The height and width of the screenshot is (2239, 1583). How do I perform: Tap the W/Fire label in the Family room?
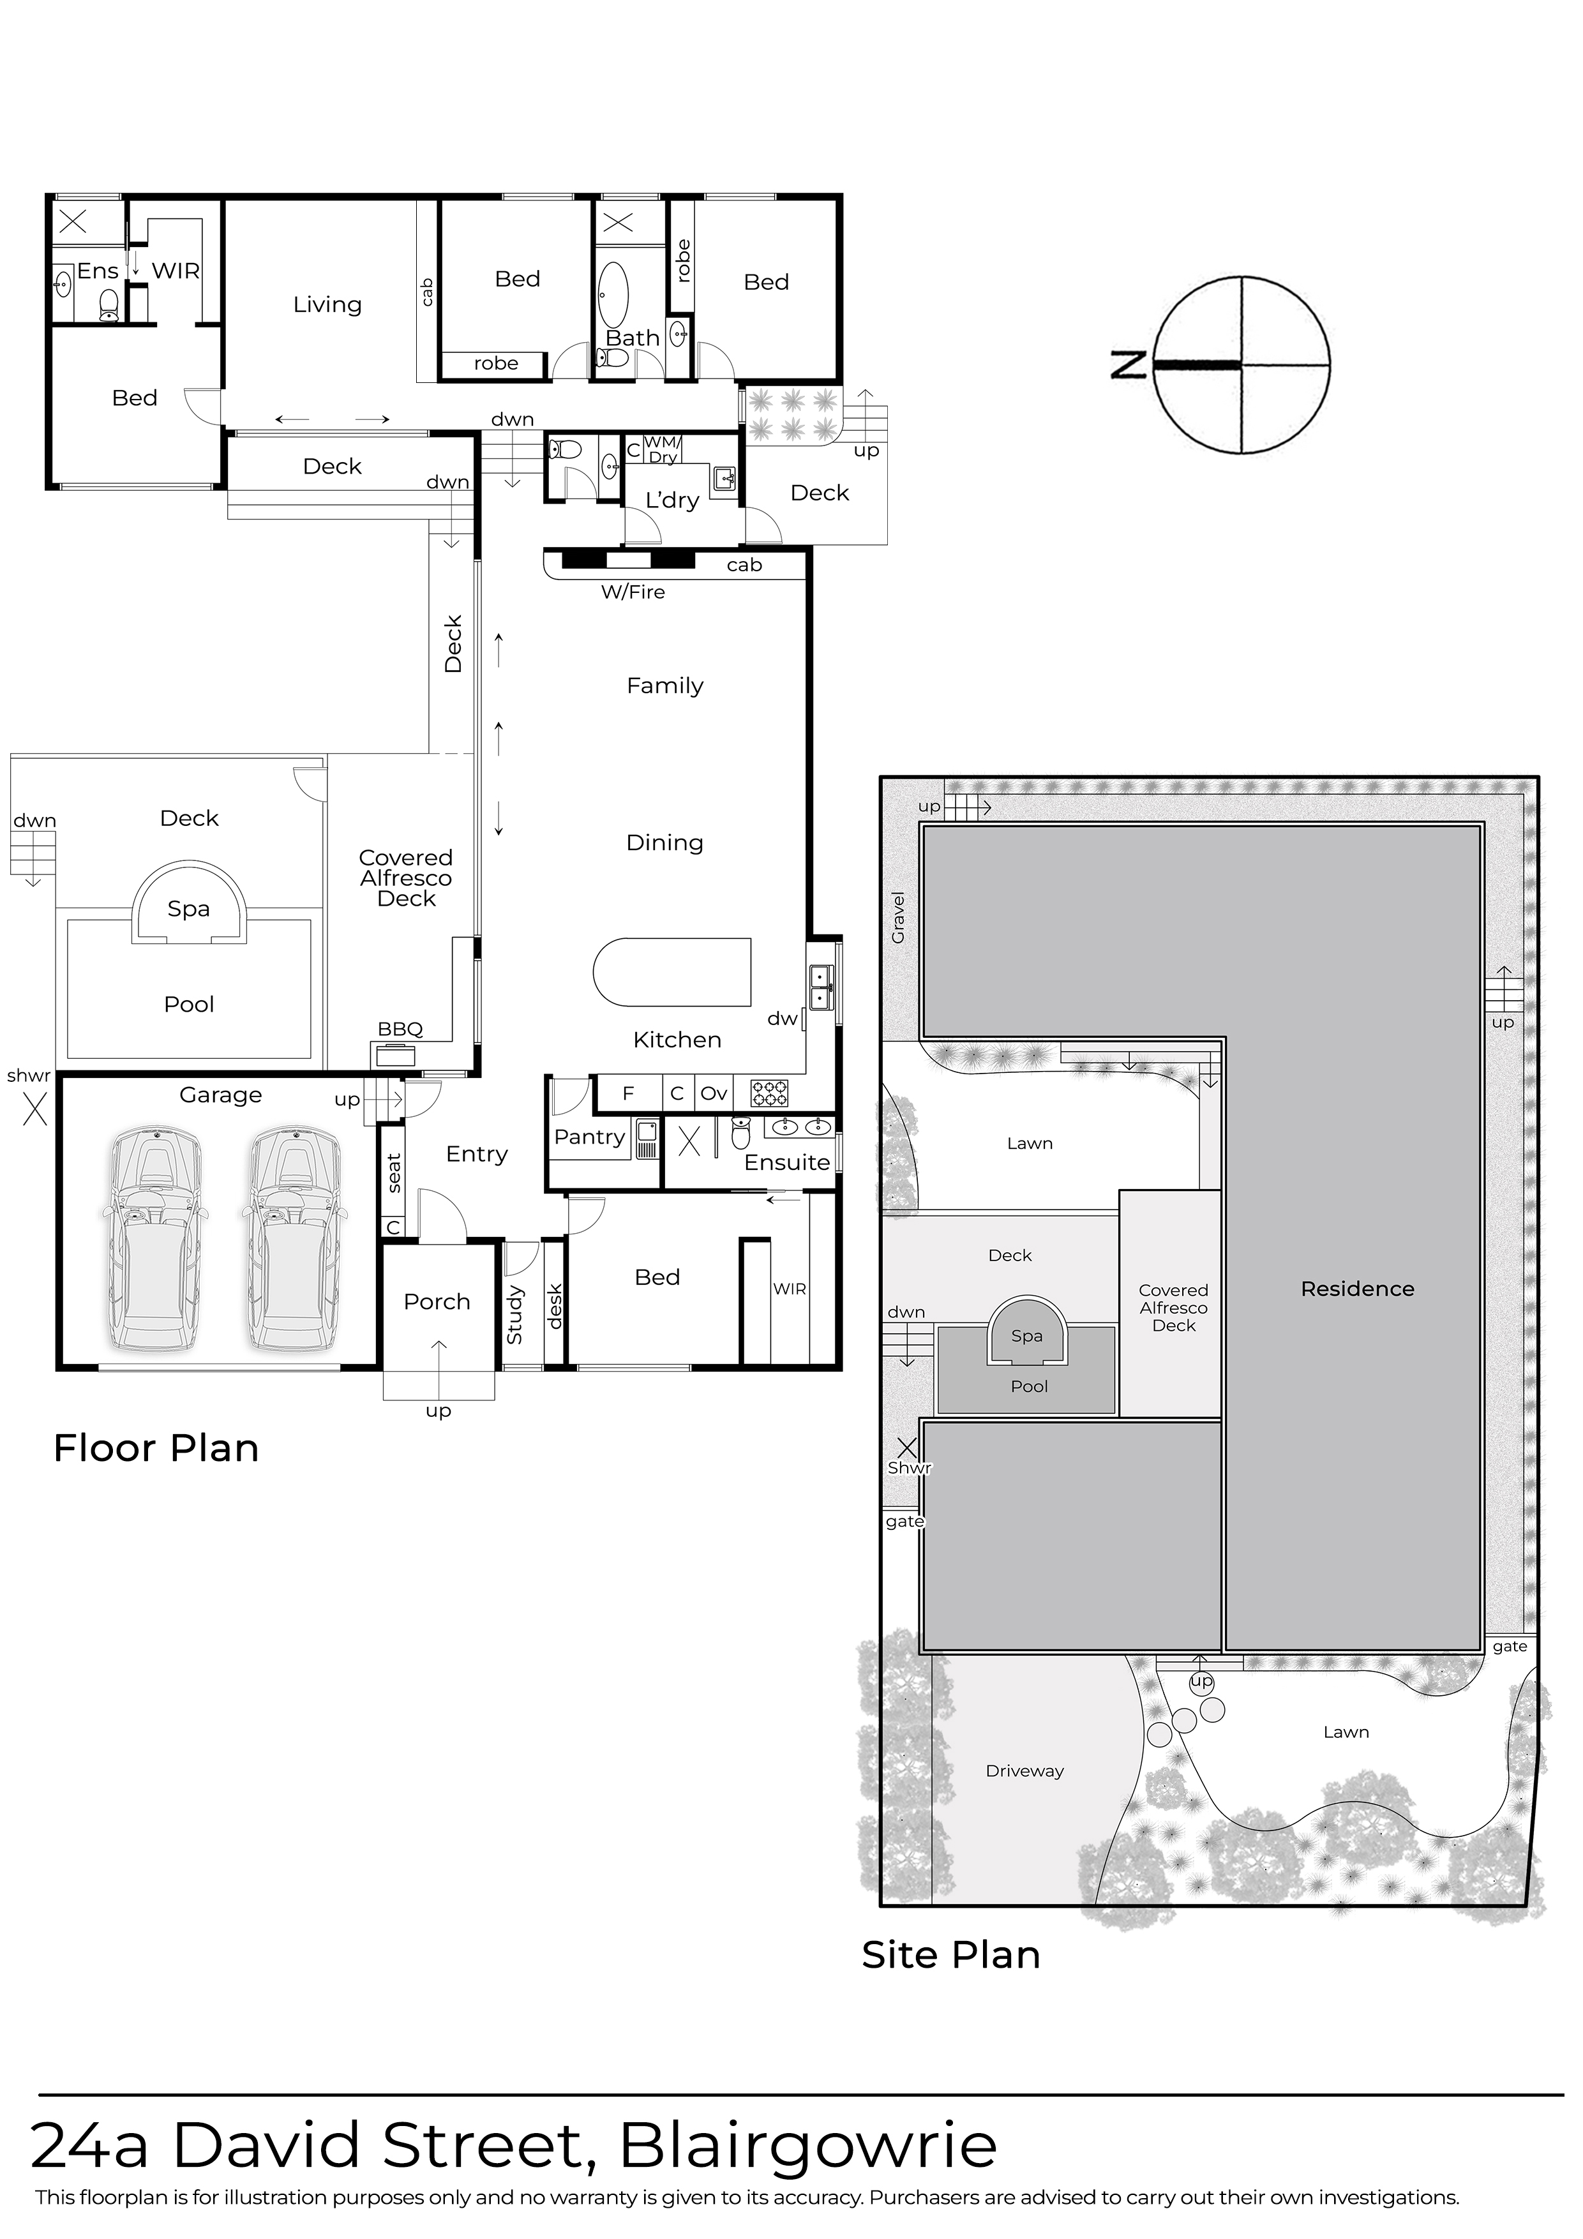633,592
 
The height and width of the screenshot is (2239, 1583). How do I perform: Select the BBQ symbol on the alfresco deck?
394,1054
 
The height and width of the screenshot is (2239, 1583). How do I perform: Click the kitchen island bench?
673,971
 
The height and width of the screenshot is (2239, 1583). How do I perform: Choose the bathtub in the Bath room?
613,294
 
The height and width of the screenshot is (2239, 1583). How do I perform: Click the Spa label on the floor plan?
188,909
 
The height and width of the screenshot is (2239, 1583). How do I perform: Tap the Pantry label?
589,1137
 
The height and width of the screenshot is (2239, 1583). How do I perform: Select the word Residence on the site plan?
1356,1289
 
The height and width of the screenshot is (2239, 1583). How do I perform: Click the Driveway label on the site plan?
1024,1771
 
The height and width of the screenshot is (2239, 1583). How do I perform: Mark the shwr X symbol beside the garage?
35,1110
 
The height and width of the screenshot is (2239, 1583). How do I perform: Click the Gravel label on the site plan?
898,918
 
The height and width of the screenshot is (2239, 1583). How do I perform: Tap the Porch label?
437,1302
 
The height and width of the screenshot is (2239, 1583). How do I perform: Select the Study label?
515,1315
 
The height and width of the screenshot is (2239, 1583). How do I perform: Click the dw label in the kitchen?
782,1019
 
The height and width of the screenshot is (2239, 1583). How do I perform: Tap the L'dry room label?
672,500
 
